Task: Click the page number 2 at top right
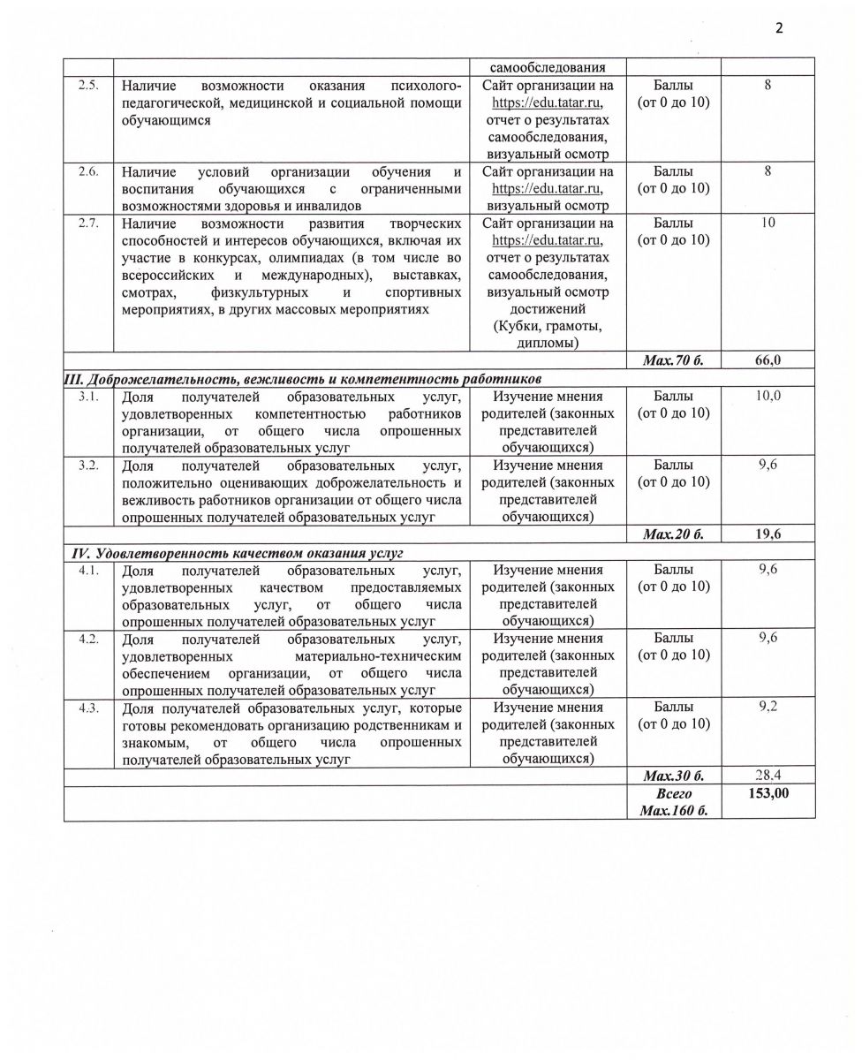[x=779, y=27]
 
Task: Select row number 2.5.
[x=88, y=86]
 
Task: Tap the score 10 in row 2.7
[x=767, y=223]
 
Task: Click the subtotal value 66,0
[x=767, y=360]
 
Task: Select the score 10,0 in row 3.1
[x=767, y=396]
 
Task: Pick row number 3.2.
[x=88, y=465]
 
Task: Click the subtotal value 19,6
[x=767, y=534]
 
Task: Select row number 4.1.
[x=88, y=570]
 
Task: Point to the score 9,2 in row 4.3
[x=767, y=708]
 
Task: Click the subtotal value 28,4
[x=767, y=776]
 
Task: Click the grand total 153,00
[x=767, y=794]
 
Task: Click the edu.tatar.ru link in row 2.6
[x=547, y=188]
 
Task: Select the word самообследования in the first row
[x=547, y=67]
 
